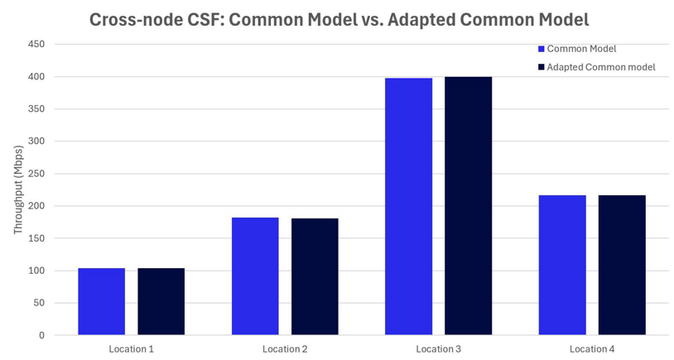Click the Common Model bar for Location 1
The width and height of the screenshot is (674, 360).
coord(101,301)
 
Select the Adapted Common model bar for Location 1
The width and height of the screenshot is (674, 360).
coord(161,301)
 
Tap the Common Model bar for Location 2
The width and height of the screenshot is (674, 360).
coord(255,276)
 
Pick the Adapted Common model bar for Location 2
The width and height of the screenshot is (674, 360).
coord(315,276)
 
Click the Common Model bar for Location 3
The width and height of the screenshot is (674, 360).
coord(408,206)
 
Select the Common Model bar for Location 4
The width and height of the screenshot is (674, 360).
coord(562,265)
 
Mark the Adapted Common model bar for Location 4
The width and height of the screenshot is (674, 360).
coord(622,265)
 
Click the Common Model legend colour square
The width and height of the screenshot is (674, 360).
coord(541,50)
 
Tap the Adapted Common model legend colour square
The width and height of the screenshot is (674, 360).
coord(541,67)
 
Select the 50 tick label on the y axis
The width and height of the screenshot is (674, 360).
coord(38,304)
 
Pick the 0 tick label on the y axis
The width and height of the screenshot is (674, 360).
coord(41,336)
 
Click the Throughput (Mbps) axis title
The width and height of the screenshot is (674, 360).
coord(17,190)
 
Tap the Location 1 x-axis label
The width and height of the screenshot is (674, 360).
coord(131,349)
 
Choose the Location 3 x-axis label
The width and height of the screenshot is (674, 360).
coord(438,349)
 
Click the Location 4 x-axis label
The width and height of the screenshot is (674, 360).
coord(592,349)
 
